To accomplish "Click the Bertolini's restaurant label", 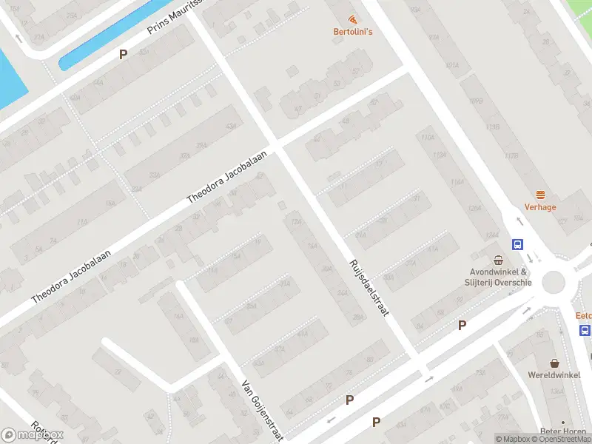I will click(x=351, y=31).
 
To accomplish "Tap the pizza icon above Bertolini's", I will click(x=351, y=19).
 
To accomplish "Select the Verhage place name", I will click(x=540, y=207).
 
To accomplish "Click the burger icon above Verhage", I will click(x=540, y=195).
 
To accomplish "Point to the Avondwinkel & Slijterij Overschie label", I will click(x=498, y=277).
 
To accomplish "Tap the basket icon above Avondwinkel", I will click(x=499, y=260).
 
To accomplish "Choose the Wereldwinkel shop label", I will click(x=554, y=375).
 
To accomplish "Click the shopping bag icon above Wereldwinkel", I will click(x=554, y=363).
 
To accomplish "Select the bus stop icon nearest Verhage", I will click(x=517, y=245).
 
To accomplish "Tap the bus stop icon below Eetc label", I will click(x=585, y=330).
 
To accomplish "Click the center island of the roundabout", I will click(x=553, y=283).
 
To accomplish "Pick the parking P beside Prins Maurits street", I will click(x=124, y=54).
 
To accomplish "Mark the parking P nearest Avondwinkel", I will click(x=462, y=325).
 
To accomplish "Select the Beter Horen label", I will click(x=564, y=431).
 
